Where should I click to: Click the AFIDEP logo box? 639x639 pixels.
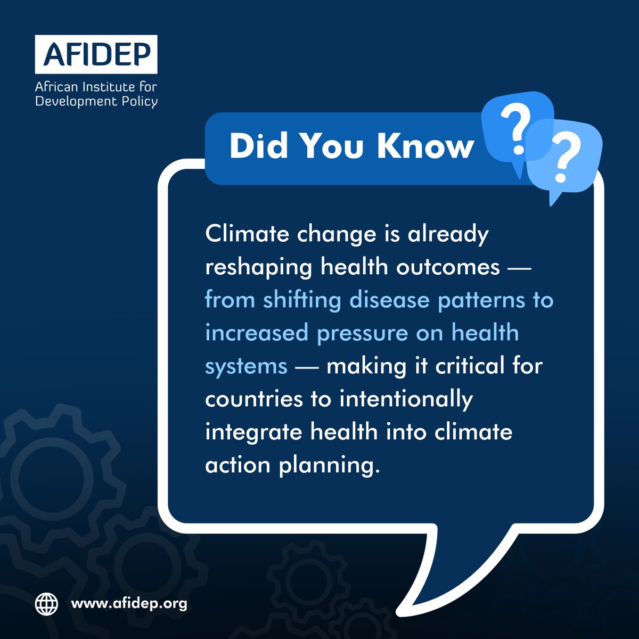tap(96, 54)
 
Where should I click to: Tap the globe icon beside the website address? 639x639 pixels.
tap(46, 604)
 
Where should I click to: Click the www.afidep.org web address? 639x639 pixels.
tap(129, 604)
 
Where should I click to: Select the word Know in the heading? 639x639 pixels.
tap(425, 145)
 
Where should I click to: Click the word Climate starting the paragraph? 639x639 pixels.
tap(246, 234)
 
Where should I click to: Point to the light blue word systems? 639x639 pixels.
tap(246, 366)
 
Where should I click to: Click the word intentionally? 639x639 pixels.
tap(406, 399)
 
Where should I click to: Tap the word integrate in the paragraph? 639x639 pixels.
tap(253, 432)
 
